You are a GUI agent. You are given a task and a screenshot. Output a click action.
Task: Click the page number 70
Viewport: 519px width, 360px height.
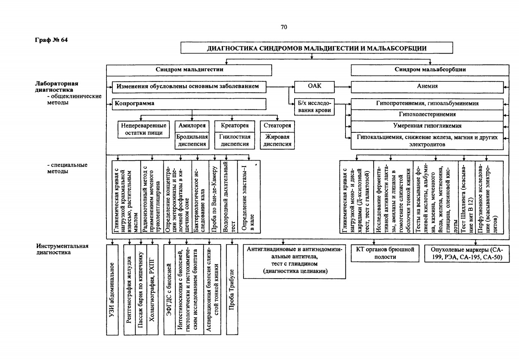[284, 27]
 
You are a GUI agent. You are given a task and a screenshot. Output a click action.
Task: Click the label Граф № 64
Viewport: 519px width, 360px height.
[51, 40]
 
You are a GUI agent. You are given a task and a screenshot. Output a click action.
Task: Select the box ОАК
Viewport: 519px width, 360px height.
[314, 87]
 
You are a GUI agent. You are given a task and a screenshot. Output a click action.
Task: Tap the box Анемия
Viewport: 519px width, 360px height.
[427, 87]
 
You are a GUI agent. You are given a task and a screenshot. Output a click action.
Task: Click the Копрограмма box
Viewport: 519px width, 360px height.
[189, 104]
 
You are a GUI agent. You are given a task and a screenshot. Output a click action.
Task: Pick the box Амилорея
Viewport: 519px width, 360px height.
[192, 126]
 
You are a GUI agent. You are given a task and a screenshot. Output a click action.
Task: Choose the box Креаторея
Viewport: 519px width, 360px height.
[235, 126]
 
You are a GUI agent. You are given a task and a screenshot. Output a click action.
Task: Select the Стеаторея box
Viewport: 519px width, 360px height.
[277, 126]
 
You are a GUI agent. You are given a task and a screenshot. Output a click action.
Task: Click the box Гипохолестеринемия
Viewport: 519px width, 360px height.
[427, 115]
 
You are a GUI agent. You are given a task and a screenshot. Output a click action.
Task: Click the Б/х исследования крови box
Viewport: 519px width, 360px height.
[314, 107]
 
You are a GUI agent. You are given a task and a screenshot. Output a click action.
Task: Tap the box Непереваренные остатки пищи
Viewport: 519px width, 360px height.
[144, 129]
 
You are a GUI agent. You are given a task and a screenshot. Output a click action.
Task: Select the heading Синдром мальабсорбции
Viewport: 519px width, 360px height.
[430, 70]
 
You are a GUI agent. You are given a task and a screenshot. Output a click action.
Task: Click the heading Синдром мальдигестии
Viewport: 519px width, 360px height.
[189, 70]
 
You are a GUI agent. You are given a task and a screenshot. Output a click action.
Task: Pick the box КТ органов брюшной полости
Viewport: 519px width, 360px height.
[385, 253]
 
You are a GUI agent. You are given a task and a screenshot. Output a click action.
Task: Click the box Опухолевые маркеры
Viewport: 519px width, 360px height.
[467, 253]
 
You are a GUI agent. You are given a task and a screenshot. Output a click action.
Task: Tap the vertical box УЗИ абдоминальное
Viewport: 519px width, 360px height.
[112, 290]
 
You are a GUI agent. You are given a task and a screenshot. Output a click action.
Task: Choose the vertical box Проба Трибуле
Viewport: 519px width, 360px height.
[232, 289]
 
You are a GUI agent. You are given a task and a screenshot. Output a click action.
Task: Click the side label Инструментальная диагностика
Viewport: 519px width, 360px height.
[62, 249]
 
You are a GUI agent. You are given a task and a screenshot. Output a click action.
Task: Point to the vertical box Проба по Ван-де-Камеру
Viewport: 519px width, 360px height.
[215, 197]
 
